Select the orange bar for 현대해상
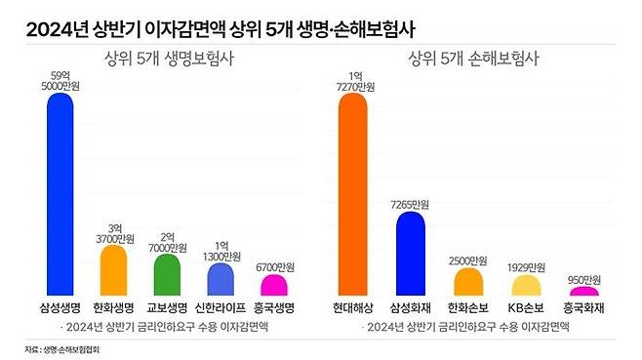[x=353, y=195]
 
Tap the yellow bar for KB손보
[x=526, y=286]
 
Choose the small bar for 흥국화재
[x=583, y=292]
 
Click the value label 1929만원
[x=526, y=266]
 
